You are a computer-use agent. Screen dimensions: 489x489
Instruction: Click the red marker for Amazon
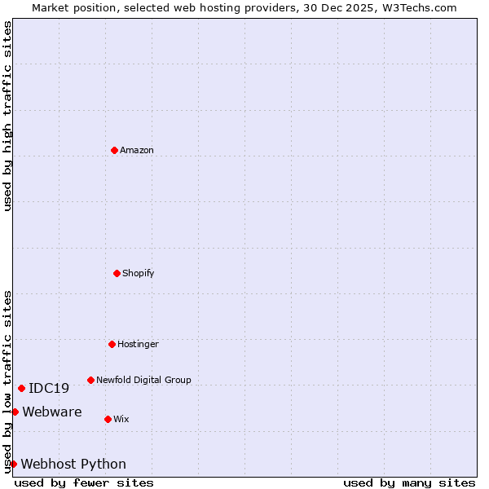point(114,150)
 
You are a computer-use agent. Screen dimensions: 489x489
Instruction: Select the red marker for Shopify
point(117,273)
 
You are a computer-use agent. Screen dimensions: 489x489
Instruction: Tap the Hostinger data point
point(112,344)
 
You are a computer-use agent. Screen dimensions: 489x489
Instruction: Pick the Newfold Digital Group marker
point(90,380)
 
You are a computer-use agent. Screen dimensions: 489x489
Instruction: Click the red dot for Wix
point(108,419)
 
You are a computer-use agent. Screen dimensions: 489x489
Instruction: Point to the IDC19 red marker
point(21,388)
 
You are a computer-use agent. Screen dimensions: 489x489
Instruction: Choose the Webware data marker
point(15,412)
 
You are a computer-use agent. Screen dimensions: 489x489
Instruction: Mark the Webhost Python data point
point(13,464)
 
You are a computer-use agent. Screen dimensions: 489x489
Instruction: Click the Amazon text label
point(137,150)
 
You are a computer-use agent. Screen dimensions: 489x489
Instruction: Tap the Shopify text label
point(139,273)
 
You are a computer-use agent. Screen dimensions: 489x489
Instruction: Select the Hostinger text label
point(138,344)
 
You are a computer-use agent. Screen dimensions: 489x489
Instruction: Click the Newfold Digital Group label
point(143,380)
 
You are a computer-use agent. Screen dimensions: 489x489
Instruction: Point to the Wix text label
point(121,419)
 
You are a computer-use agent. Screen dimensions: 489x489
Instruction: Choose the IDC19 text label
point(49,389)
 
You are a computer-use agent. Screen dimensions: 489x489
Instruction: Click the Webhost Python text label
point(73,465)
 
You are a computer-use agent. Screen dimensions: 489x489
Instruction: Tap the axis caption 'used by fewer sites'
point(84,482)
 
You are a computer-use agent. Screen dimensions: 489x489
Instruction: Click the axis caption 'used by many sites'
point(409,482)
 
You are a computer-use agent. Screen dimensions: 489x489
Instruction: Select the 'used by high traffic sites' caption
point(7,116)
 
